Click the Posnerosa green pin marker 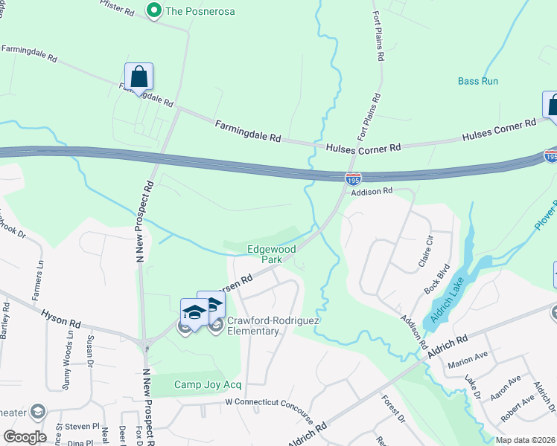tap(155, 10)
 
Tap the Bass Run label tap(477, 81)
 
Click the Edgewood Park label tap(272, 254)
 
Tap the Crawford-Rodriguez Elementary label tap(253, 326)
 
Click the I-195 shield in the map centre tap(353, 178)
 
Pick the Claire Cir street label tap(426, 252)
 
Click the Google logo tap(25, 436)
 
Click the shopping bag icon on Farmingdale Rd tap(139, 77)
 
